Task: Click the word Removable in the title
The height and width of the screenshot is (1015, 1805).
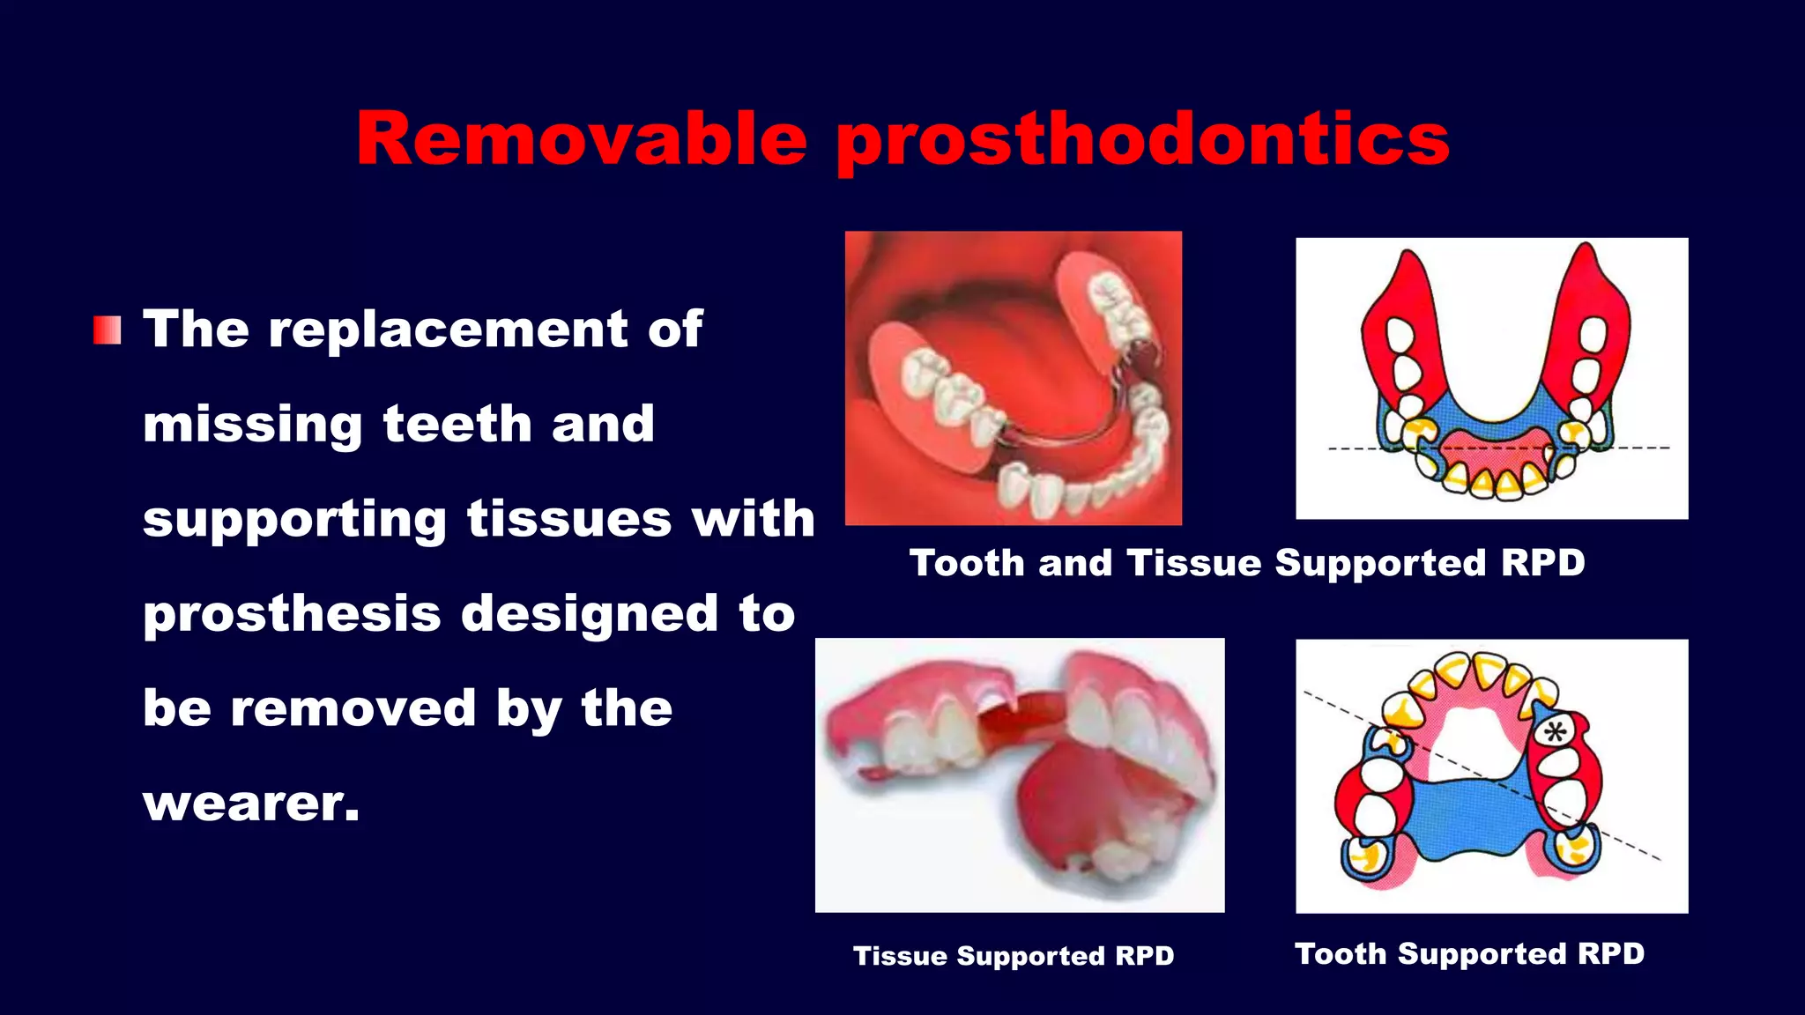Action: coord(582,139)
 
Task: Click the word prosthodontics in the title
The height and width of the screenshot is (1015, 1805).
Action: coord(1142,141)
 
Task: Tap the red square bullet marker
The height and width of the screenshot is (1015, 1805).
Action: coord(107,330)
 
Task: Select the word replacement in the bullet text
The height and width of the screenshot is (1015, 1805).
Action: coord(448,329)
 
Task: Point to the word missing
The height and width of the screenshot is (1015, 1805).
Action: coord(252,425)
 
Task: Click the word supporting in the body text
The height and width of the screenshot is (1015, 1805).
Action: coord(294,520)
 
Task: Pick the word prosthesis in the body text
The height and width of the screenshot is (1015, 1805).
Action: coord(292,614)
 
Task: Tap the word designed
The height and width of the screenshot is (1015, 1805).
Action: coord(590,614)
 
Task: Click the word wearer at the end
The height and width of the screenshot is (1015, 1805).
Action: coord(251,804)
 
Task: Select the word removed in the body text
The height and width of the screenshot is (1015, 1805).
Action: coord(353,708)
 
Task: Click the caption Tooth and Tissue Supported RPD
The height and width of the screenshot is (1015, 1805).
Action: coord(1246,563)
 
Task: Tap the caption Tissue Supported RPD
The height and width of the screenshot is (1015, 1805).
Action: coord(1014,956)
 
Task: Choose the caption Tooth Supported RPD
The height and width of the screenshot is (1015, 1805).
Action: coord(1469,953)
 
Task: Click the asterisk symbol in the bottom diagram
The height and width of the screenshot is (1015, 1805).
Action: coord(1556,731)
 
